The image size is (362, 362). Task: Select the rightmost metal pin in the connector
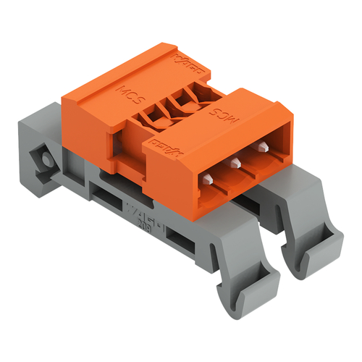point(261,148)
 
